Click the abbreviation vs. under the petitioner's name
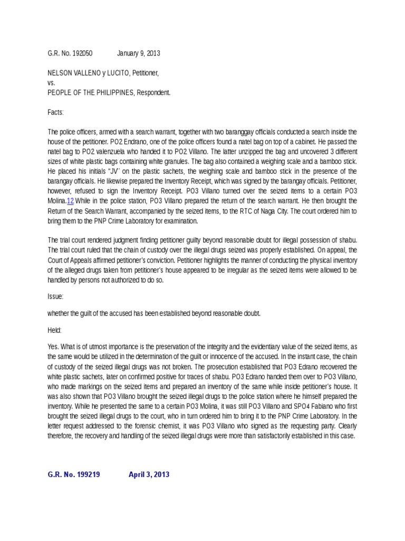pyautogui.click(x=51, y=82)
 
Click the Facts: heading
pyautogui.click(x=55, y=112)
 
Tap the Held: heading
pyautogui.click(x=55, y=330)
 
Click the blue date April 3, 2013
pyautogui.click(x=149, y=474)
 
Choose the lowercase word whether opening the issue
pyautogui.click(x=60, y=314)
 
